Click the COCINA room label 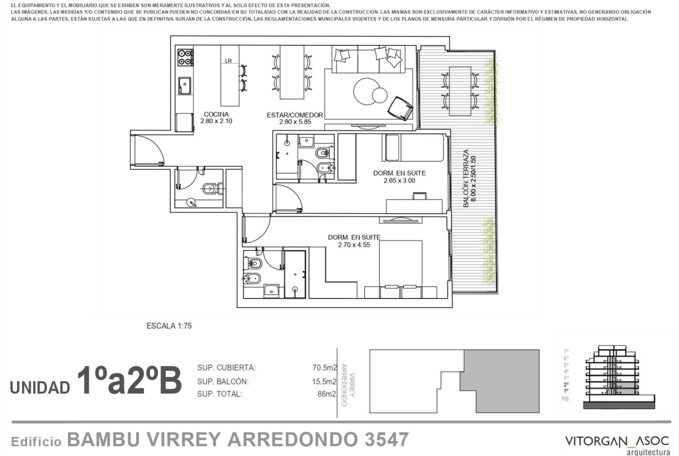coord(216,114)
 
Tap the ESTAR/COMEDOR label coord(295,115)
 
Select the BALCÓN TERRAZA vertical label coord(466,178)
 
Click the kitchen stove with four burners coord(185,57)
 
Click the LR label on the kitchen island coord(228,61)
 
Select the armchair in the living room coord(401,107)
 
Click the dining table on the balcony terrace coord(460,91)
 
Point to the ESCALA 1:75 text coord(169,326)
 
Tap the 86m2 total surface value coord(327,394)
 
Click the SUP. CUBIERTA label coord(226,368)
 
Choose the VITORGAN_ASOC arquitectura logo coord(617,444)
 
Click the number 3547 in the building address coord(387,440)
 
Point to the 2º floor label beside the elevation coord(566,384)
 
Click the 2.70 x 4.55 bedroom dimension coord(354,245)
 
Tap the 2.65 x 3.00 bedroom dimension coord(399,181)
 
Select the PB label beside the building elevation coord(566,399)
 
